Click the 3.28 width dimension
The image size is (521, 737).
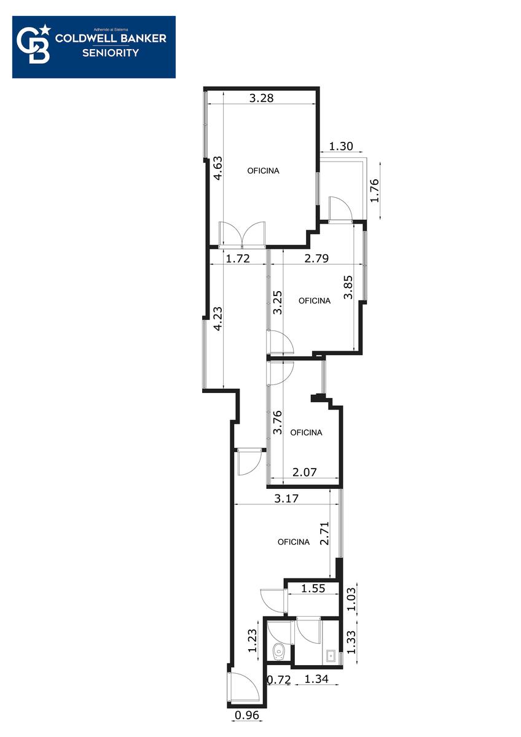261,98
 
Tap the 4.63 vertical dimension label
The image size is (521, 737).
218,168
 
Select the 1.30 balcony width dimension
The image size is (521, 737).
341,146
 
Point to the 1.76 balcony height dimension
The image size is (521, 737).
374,190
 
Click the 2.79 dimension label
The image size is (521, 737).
316,259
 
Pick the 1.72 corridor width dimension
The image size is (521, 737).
238,259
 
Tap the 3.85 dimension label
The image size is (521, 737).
348,287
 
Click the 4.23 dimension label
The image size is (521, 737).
218,319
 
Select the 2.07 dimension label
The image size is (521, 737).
305,472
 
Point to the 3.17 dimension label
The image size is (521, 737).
286,499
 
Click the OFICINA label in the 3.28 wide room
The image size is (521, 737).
264,171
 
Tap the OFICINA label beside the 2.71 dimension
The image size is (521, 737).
294,542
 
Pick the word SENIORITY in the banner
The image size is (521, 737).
111,53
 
